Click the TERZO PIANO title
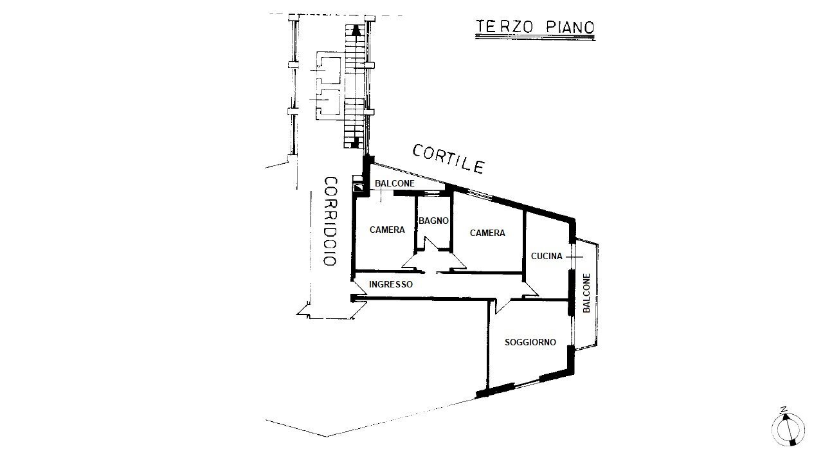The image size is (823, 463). click(535, 27)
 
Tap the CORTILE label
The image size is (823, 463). click(448, 159)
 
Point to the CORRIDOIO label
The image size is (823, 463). click(330, 221)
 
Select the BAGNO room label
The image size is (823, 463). click(433, 221)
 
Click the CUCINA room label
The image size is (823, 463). click(547, 256)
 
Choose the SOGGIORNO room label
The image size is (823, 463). click(530, 342)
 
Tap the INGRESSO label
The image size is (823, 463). click(390, 284)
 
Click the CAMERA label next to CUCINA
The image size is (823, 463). click(487, 233)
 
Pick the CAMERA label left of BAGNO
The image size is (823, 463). click(387, 230)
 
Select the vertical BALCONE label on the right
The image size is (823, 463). click(586, 293)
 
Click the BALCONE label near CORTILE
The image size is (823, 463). click(394, 183)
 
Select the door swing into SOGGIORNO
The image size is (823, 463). click(502, 306)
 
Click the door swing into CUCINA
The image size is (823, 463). click(531, 289)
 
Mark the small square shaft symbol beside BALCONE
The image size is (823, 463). click(357, 188)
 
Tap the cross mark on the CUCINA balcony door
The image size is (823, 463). click(574, 257)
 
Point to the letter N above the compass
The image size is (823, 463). click(784, 409)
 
